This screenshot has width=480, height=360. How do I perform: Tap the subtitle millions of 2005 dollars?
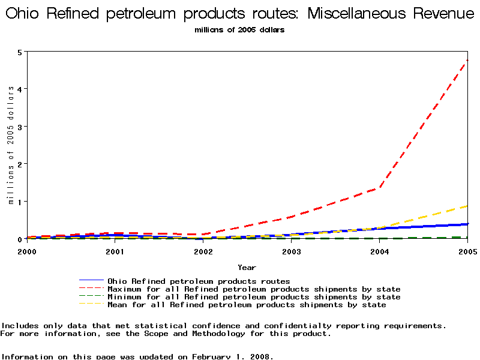pos(239,29)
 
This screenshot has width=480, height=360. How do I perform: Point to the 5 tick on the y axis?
pos(20,52)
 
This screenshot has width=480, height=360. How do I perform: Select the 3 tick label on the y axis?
pos(20,127)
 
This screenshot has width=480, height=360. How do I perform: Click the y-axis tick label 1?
pos(20,202)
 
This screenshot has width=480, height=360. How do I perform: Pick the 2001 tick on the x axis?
pos(115,251)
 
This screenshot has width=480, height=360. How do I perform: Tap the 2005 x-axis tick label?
pos(466,251)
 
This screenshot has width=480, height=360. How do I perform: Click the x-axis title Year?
pos(247,267)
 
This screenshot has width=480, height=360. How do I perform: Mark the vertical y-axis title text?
pos(10,145)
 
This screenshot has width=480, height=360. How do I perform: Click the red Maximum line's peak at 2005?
pos(467,60)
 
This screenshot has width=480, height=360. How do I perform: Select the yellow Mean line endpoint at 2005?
pos(467,206)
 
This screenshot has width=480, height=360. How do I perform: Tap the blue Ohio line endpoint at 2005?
pos(467,224)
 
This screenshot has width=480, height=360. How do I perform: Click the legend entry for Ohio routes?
pos(198,281)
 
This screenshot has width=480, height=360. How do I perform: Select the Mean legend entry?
pos(246,305)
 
